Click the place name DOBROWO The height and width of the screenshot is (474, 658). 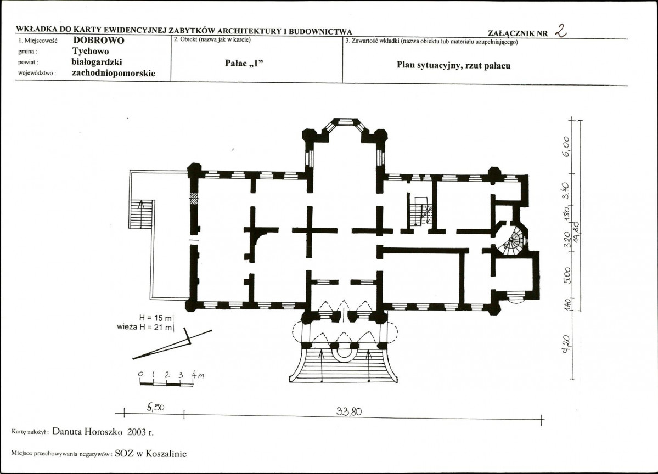click(99, 41)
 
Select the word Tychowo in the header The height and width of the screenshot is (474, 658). click(90, 52)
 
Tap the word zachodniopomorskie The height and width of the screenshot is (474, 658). click(113, 74)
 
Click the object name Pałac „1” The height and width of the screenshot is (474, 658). click(244, 63)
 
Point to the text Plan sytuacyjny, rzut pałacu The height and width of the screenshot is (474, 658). click(453, 65)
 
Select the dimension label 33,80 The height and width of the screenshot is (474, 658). click(348, 411)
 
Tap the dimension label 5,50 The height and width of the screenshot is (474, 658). click(155, 407)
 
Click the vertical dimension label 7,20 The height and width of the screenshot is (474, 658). click(566, 344)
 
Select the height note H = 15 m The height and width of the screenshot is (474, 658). click(155, 318)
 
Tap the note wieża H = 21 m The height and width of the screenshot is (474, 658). click(145, 327)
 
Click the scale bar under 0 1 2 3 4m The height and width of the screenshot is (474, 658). click(166, 383)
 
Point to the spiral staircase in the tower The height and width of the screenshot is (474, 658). click(513, 241)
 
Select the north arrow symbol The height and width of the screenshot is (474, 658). click(172, 344)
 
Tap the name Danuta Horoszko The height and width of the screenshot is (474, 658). click(87, 432)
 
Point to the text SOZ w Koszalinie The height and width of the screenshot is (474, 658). click(151, 454)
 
